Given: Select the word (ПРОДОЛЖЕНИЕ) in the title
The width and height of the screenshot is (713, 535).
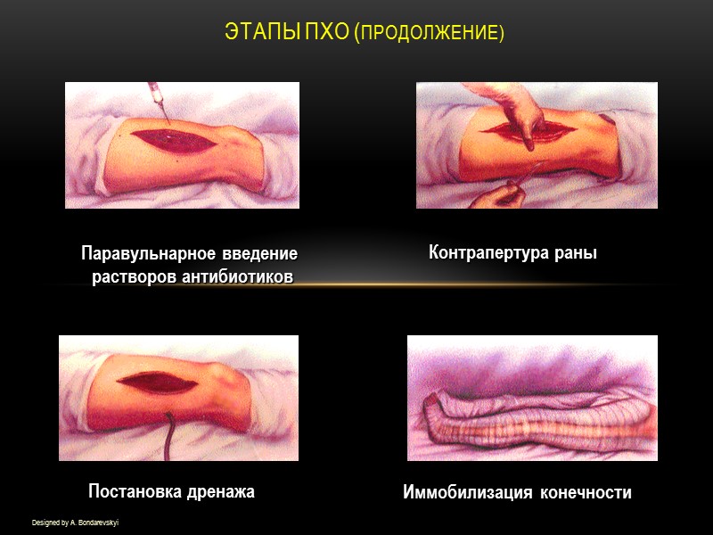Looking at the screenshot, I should coord(430,34).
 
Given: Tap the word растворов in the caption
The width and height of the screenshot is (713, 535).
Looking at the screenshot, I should coord(134,276).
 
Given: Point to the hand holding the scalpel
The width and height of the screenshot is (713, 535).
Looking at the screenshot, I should coord(495,193).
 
